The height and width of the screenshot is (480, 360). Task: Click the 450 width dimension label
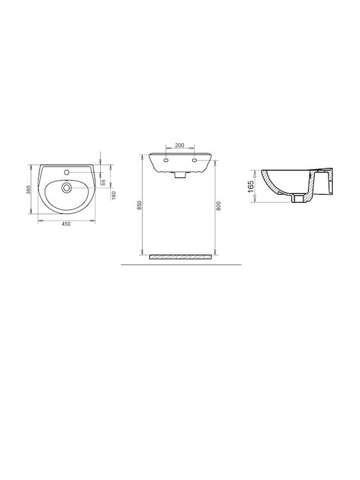[x=66, y=224]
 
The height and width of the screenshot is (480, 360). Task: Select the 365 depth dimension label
[x=29, y=190]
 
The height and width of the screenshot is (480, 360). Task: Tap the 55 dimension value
[x=103, y=183]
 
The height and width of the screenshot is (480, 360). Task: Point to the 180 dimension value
[x=113, y=195]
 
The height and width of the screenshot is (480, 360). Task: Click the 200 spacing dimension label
[x=180, y=145]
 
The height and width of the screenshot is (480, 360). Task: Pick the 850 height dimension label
[x=139, y=205]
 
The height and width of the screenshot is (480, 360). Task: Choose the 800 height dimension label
[x=218, y=206]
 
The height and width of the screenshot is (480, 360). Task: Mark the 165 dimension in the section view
[x=251, y=187]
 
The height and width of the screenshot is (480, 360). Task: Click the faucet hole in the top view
[x=67, y=173]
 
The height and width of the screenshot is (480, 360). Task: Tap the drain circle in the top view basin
[x=66, y=187]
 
